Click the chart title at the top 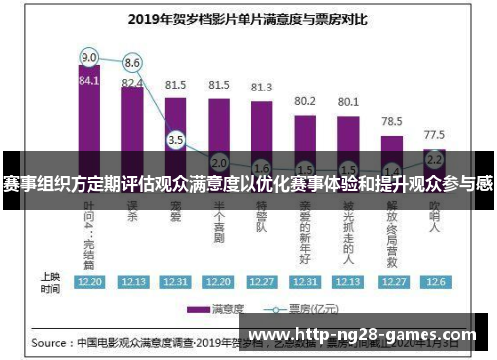click(x=248, y=18)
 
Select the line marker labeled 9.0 click(x=89, y=57)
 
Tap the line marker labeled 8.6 click(x=132, y=62)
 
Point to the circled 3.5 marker click(x=176, y=141)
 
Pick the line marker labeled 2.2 click(x=434, y=158)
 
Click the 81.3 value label click(x=261, y=87)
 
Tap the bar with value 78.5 click(x=392, y=139)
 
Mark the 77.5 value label click(x=434, y=133)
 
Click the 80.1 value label click(x=348, y=101)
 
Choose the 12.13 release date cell click(x=132, y=281)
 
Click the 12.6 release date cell click(x=434, y=281)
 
